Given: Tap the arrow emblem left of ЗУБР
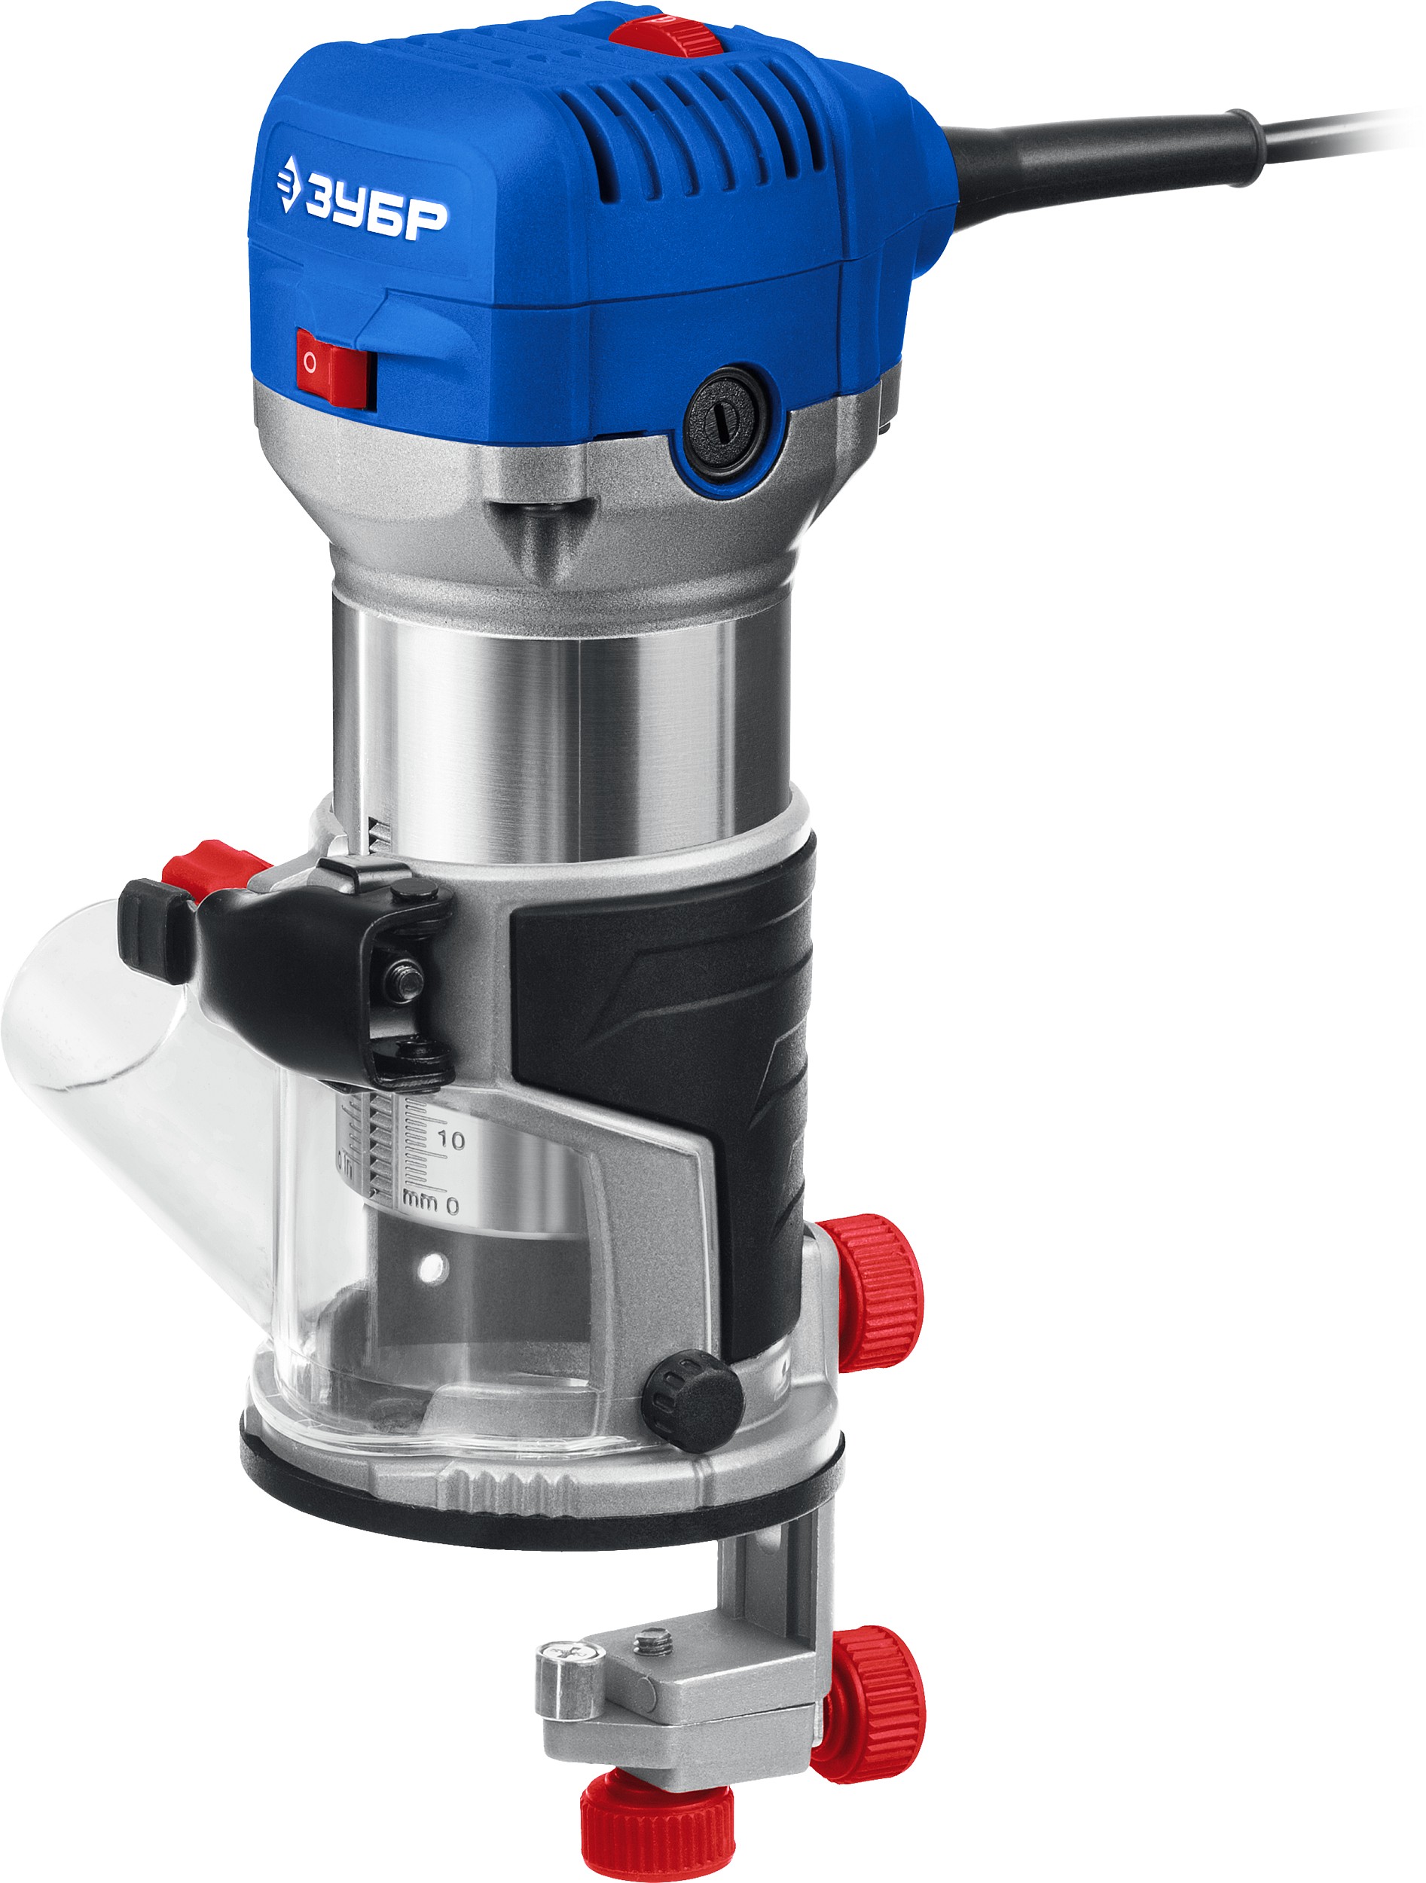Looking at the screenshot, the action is click(289, 182).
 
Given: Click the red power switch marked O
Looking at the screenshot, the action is click(335, 367).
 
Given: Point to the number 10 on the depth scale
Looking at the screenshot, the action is click(450, 1140).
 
